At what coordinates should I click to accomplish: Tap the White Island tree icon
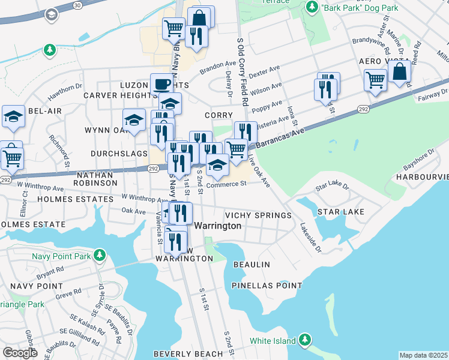[x=306, y=341]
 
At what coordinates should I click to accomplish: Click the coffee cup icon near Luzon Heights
[x=161, y=84]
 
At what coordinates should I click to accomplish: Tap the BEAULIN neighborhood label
[x=252, y=265]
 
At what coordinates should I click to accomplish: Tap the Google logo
[x=20, y=353]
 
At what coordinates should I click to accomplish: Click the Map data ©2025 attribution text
[x=423, y=355]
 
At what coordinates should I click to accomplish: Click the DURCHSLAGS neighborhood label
[x=119, y=154]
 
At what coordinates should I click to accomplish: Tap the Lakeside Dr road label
[x=311, y=238]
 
